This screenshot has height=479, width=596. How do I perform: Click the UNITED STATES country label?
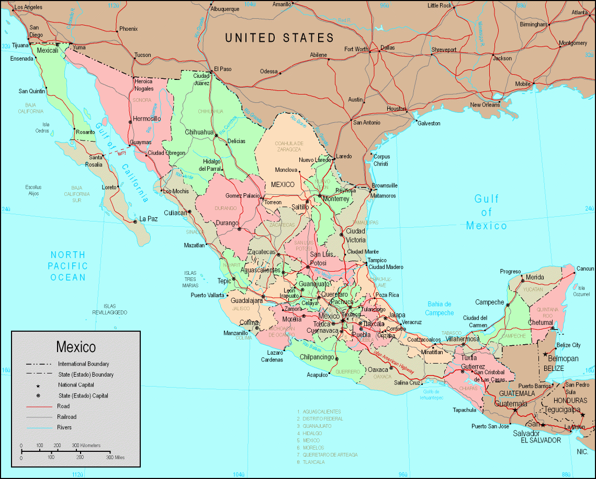click(x=279, y=38)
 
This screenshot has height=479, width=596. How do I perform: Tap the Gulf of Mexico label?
click(x=487, y=212)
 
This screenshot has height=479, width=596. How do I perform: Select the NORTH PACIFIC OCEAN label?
click(x=68, y=266)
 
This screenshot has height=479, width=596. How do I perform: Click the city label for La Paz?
click(x=149, y=219)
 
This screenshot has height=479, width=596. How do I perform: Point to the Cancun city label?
click(x=584, y=269)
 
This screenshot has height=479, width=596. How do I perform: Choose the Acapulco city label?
click(x=317, y=375)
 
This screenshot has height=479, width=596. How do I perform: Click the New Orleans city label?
click(x=485, y=104)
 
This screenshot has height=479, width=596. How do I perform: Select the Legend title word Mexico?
click(x=76, y=347)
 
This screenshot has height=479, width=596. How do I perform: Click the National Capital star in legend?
click(x=38, y=385)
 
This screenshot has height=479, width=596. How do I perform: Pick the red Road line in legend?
click(x=39, y=406)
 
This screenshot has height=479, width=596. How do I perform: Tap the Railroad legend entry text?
click(x=67, y=417)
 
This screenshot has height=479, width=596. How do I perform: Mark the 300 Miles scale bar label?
click(x=116, y=457)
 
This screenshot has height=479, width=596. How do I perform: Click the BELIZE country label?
click(x=554, y=368)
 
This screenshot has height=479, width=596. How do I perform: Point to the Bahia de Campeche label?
click(x=440, y=308)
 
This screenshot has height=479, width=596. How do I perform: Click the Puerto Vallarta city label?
click(x=208, y=295)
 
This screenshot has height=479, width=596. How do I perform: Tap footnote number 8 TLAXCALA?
click(x=313, y=462)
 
